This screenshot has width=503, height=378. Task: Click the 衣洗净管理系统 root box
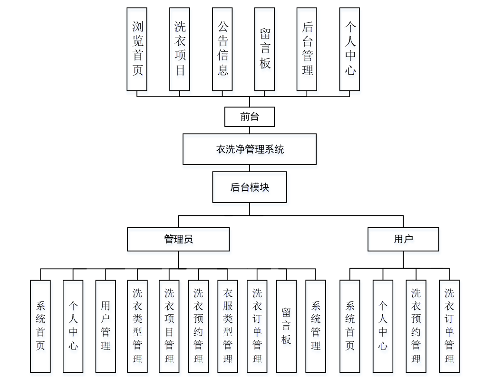pos(250,149)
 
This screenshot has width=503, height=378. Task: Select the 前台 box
pos(250,116)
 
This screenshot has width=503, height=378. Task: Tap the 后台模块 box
pos(250,187)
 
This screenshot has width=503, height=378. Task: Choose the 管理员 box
pos(178,239)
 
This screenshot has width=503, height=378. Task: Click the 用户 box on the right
pos(403,239)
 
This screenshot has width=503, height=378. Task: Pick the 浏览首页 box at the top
pos(137,49)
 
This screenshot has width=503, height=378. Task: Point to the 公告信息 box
pos(222,49)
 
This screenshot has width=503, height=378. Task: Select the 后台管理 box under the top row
pos(307,49)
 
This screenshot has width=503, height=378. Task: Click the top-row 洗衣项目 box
pos(180,49)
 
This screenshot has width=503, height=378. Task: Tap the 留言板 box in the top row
pos(265,49)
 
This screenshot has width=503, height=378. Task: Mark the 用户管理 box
pos(106,326)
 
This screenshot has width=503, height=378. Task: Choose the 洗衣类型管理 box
pos(137,326)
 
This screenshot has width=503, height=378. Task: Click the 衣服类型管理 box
pos(228,326)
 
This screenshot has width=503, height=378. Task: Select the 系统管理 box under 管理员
pos(316,326)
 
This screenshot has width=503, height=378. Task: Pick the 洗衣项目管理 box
pos(169,326)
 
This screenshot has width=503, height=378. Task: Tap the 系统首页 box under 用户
pos(350,326)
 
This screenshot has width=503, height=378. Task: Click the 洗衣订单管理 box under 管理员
pos(257,326)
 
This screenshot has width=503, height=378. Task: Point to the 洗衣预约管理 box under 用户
pos(416,326)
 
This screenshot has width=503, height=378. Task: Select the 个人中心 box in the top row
pos(350,49)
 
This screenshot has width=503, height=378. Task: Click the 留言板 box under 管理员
pos(286,326)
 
